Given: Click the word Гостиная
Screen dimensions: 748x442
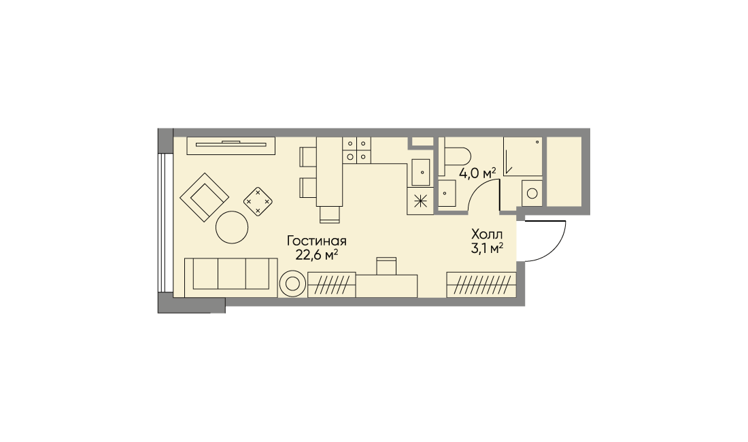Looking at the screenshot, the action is point(316,241).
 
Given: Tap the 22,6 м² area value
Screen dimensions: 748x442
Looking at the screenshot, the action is point(317,255).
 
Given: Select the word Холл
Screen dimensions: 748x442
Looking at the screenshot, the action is point(487,235).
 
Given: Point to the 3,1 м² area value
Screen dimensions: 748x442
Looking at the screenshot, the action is point(487,248).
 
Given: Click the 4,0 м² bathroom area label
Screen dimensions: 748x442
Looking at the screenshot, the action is point(477,173).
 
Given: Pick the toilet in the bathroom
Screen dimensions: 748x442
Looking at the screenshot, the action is point(455,156).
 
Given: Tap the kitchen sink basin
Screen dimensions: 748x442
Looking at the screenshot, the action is point(421,172).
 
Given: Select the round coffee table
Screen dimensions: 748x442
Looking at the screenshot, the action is point(232,227).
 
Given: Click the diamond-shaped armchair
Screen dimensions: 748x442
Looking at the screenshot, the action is point(204,197).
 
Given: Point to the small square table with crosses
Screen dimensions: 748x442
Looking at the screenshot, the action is point(258,201).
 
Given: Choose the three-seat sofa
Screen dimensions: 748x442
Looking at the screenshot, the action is point(231,277).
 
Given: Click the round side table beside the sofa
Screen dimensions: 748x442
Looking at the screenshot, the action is point(292,284).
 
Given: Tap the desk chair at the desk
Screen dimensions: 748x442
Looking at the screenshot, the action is point(386,266).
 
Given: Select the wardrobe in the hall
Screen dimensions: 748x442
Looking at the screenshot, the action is point(481,285).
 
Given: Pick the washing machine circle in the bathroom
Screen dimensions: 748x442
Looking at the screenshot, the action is point(532,194).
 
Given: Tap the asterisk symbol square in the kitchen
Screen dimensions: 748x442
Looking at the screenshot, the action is point(420,201).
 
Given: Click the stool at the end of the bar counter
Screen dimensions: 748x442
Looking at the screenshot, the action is point(330,215).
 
